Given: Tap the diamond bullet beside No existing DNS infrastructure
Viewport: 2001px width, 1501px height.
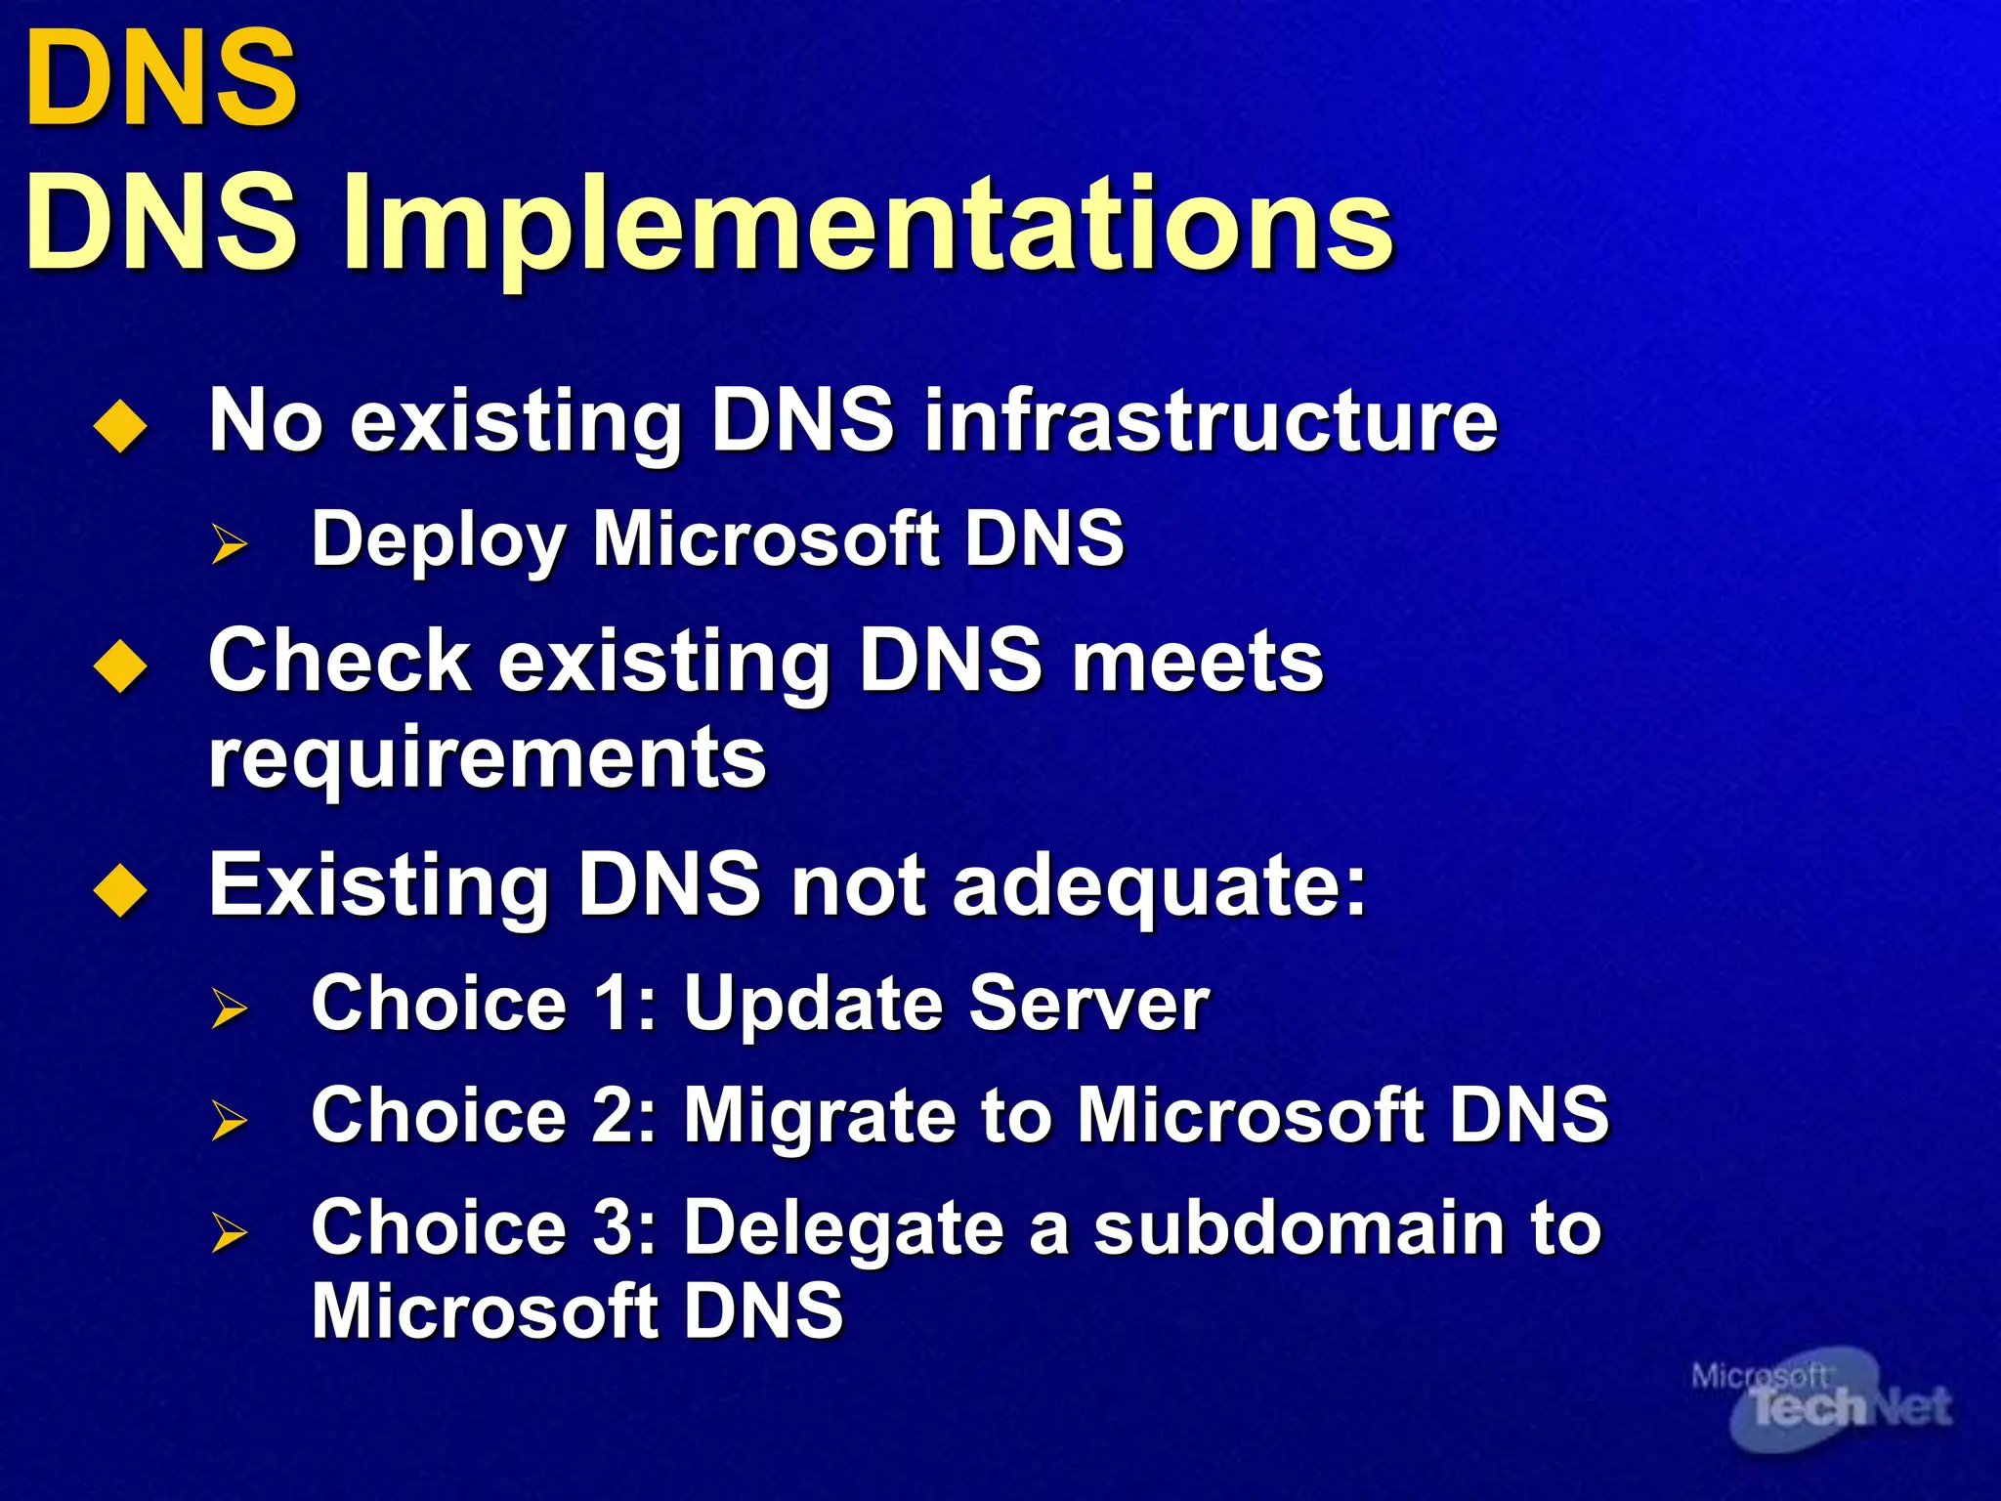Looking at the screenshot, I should pos(120,426).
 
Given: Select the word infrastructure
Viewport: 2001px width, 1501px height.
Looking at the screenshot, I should pos(1211,422).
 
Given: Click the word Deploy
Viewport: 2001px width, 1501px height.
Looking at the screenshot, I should pos(439,540).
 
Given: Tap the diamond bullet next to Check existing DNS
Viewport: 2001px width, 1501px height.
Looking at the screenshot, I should pos(120,666).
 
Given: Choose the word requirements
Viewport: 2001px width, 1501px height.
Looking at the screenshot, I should pos(488,759).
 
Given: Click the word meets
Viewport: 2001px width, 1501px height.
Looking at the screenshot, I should pos(1197,662).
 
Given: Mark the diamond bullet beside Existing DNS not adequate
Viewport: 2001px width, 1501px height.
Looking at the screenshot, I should pos(120,890).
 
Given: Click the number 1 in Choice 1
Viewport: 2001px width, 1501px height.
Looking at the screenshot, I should pos(613,1004).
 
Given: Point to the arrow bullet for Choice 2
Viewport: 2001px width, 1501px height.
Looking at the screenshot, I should pos(230,1120).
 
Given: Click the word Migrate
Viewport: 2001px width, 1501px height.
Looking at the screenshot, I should pos(819,1116).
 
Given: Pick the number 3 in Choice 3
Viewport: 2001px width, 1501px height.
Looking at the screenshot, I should pos(614,1227).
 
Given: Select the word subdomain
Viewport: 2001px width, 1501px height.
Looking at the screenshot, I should pos(1299,1227).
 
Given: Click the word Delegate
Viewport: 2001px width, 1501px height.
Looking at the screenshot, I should pos(842,1229).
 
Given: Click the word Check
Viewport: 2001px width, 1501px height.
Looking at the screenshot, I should pos(339,662).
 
